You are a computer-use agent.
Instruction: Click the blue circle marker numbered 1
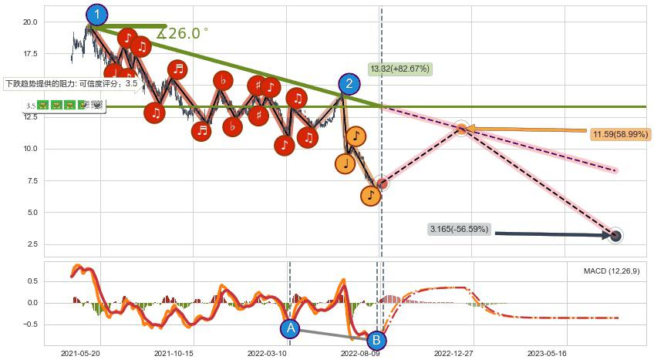click(x=97, y=15)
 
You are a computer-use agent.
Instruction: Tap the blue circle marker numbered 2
click(x=349, y=84)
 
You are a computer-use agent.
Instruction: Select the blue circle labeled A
click(x=290, y=329)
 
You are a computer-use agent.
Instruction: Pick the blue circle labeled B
click(x=376, y=339)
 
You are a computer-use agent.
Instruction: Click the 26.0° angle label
click(x=183, y=33)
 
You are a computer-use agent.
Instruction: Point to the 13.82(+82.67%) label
click(x=399, y=69)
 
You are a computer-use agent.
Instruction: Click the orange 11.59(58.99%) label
click(x=622, y=135)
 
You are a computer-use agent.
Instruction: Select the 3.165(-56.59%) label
click(x=459, y=229)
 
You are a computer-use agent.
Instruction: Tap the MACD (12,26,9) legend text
click(x=611, y=271)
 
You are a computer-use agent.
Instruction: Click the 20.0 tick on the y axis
click(x=30, y=22)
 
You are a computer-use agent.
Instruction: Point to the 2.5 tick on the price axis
click(x=32, y=244)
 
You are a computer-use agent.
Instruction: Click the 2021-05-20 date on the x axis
click(x=80, y=354)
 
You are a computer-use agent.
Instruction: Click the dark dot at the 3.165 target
click(x=615, y=236)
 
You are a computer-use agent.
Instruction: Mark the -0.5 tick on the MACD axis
click(x=30, y=324)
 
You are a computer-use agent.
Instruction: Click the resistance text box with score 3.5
click(x=71, y=83)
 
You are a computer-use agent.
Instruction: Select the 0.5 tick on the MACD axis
click(x=32, y=281)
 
